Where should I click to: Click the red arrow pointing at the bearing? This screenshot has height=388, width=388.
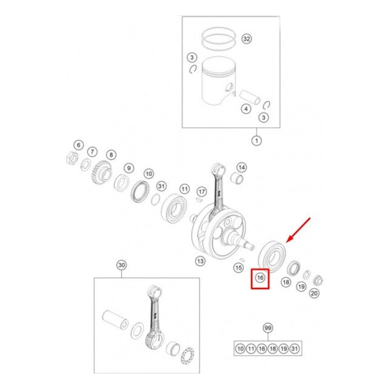[298, 230]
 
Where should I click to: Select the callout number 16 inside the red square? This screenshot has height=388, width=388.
[260, 278]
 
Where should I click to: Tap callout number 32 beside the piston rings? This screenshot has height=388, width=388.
[247, 39]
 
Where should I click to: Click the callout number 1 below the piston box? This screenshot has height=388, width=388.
[256, 141]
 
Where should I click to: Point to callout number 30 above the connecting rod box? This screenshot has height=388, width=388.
[121, 266]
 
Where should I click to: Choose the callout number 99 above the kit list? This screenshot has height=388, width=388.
[268, 328]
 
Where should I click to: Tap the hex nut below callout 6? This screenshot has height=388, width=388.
[72, 158]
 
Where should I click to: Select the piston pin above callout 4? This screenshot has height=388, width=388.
[250, 97]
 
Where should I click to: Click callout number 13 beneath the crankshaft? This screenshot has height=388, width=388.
[200, 261]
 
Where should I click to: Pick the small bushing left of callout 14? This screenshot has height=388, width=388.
[236, 178]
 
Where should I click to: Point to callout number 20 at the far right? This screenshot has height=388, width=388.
[314, 293]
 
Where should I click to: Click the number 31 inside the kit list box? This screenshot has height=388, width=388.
[295, 349]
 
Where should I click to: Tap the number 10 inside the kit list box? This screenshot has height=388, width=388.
[240, 349]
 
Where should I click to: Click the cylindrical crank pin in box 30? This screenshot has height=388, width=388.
[116, 319]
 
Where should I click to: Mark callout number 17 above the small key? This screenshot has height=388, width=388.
[202, 192]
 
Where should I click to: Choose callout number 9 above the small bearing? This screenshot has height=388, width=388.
[129, 169]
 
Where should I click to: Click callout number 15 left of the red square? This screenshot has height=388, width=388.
[238, 268]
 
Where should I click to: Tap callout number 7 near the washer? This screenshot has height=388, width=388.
[92, 152]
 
